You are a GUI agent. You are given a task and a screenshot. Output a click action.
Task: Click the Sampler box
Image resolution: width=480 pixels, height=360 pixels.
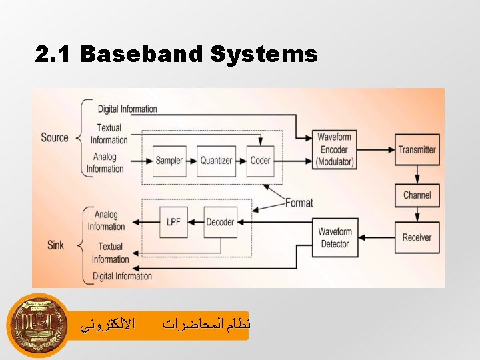(169, 161)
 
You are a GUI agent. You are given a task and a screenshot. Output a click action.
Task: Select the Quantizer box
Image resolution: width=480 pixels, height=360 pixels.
(217, 161)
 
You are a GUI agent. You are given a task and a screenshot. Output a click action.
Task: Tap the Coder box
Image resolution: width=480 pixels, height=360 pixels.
(261, 161)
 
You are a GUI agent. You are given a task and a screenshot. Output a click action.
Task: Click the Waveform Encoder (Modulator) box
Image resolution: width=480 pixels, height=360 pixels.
(335, 150)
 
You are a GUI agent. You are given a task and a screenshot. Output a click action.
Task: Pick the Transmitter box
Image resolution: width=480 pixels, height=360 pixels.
(417, 150)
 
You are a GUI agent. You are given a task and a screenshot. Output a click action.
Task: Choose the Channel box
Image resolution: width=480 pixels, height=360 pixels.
(417, 195)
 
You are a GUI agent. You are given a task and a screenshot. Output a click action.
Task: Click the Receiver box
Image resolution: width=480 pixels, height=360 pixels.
(417, 237)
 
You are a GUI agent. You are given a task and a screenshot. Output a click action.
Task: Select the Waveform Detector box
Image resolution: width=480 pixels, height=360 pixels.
(335, 238)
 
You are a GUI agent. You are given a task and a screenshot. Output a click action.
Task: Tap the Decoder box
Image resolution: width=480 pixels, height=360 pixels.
(220, 223)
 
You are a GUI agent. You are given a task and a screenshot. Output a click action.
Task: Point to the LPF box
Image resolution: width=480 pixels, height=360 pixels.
(173, 223)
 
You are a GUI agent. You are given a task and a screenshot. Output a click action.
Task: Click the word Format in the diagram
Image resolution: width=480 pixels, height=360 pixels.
(299, 203)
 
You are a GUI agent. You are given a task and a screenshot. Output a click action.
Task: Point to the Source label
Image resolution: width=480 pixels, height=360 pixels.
(55, 137)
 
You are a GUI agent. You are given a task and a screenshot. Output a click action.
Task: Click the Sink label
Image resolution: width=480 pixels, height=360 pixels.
(55, 245)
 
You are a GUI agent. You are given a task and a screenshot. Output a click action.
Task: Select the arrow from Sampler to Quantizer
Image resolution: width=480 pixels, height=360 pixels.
(191, 161)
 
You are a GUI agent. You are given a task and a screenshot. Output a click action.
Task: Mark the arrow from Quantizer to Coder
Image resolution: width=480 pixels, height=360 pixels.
(241, 161)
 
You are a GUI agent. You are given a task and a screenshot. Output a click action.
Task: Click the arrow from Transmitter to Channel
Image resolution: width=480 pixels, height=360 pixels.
(417, 173)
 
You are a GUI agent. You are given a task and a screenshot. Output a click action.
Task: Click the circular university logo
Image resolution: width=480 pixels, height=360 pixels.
(39, 325)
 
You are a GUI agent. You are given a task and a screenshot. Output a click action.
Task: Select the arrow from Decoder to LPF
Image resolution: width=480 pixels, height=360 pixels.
(195, 223)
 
